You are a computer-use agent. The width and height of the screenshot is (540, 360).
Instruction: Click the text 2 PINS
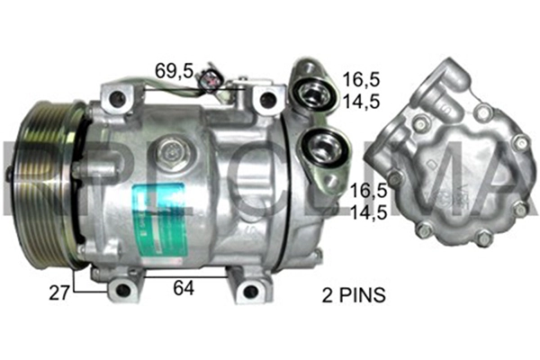[355, 293]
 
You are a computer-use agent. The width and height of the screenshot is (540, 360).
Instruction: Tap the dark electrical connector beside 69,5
[213, 76]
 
